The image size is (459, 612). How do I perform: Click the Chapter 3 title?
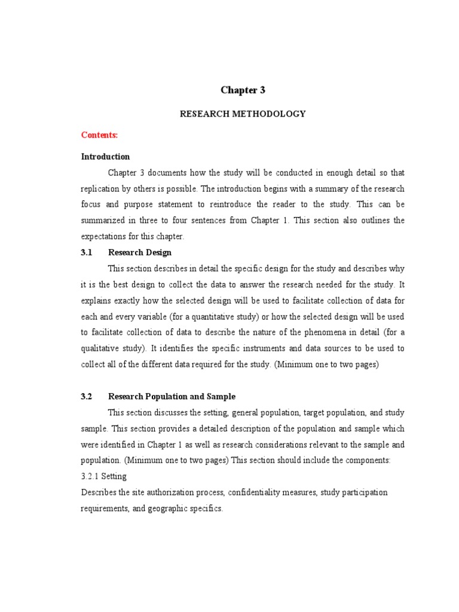pos(243,90)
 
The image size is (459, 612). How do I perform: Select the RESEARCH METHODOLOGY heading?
pos(243,114)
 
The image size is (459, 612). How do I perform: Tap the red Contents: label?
pos(99,135)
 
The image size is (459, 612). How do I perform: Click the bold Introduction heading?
pos(105,157)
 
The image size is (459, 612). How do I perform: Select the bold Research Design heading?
pos(140,252)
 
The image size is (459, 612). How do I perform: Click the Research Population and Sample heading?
pos(172,396)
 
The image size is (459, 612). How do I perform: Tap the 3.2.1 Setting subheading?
pos(103,476)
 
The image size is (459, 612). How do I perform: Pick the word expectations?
pos(103,236)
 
